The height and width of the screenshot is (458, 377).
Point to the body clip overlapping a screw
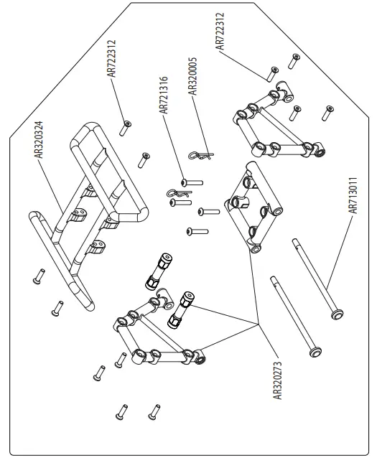177,193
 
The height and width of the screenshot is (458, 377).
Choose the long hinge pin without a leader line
294,315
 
